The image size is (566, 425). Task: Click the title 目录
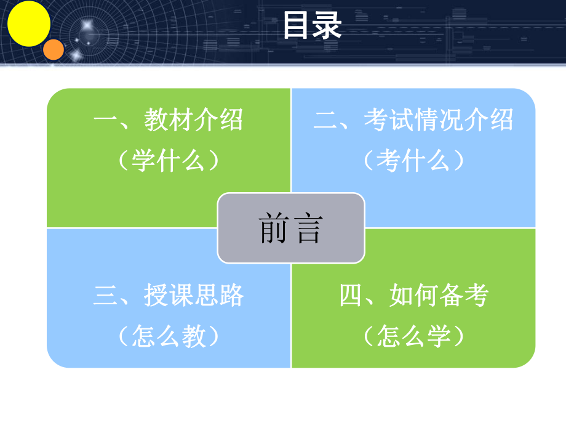[311, 26]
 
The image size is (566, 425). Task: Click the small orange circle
[54, 49]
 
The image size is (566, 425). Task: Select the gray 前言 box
[291, 228]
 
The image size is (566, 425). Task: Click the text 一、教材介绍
[168, 119]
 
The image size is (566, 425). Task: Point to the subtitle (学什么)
[168, 161]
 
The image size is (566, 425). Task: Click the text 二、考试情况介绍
[413, 119]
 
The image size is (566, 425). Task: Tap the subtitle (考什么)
[413, 161]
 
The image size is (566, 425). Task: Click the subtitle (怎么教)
[168, 337]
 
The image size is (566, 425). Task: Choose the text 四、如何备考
[413, 296]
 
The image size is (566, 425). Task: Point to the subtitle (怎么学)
[413, 337]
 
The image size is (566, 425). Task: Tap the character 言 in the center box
[308, 229]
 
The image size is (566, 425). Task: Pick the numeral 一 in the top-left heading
[104, 119]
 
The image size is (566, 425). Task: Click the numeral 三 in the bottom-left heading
[105, 296]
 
